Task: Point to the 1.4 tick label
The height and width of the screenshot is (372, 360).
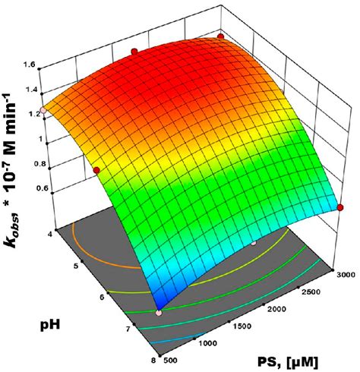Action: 30,90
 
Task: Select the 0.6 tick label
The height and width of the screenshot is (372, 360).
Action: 43,188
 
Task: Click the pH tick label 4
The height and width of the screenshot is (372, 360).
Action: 51,235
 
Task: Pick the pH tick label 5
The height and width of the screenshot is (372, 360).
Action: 76,266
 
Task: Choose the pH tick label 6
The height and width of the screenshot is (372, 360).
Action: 103,297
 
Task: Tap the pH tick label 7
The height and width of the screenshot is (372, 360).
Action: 128,329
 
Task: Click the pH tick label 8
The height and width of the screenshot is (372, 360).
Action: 154,360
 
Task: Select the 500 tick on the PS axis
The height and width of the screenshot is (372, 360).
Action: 171,360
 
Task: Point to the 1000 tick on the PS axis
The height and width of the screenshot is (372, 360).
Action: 207,343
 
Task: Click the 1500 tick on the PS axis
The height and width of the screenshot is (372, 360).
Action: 241,326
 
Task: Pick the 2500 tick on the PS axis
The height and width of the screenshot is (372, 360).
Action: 311,292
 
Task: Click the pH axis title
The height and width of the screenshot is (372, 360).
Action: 50,325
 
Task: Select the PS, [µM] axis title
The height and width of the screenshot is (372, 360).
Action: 287,362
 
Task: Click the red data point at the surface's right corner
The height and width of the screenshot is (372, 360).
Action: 340,207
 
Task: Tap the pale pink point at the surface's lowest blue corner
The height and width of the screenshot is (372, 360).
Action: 159,314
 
